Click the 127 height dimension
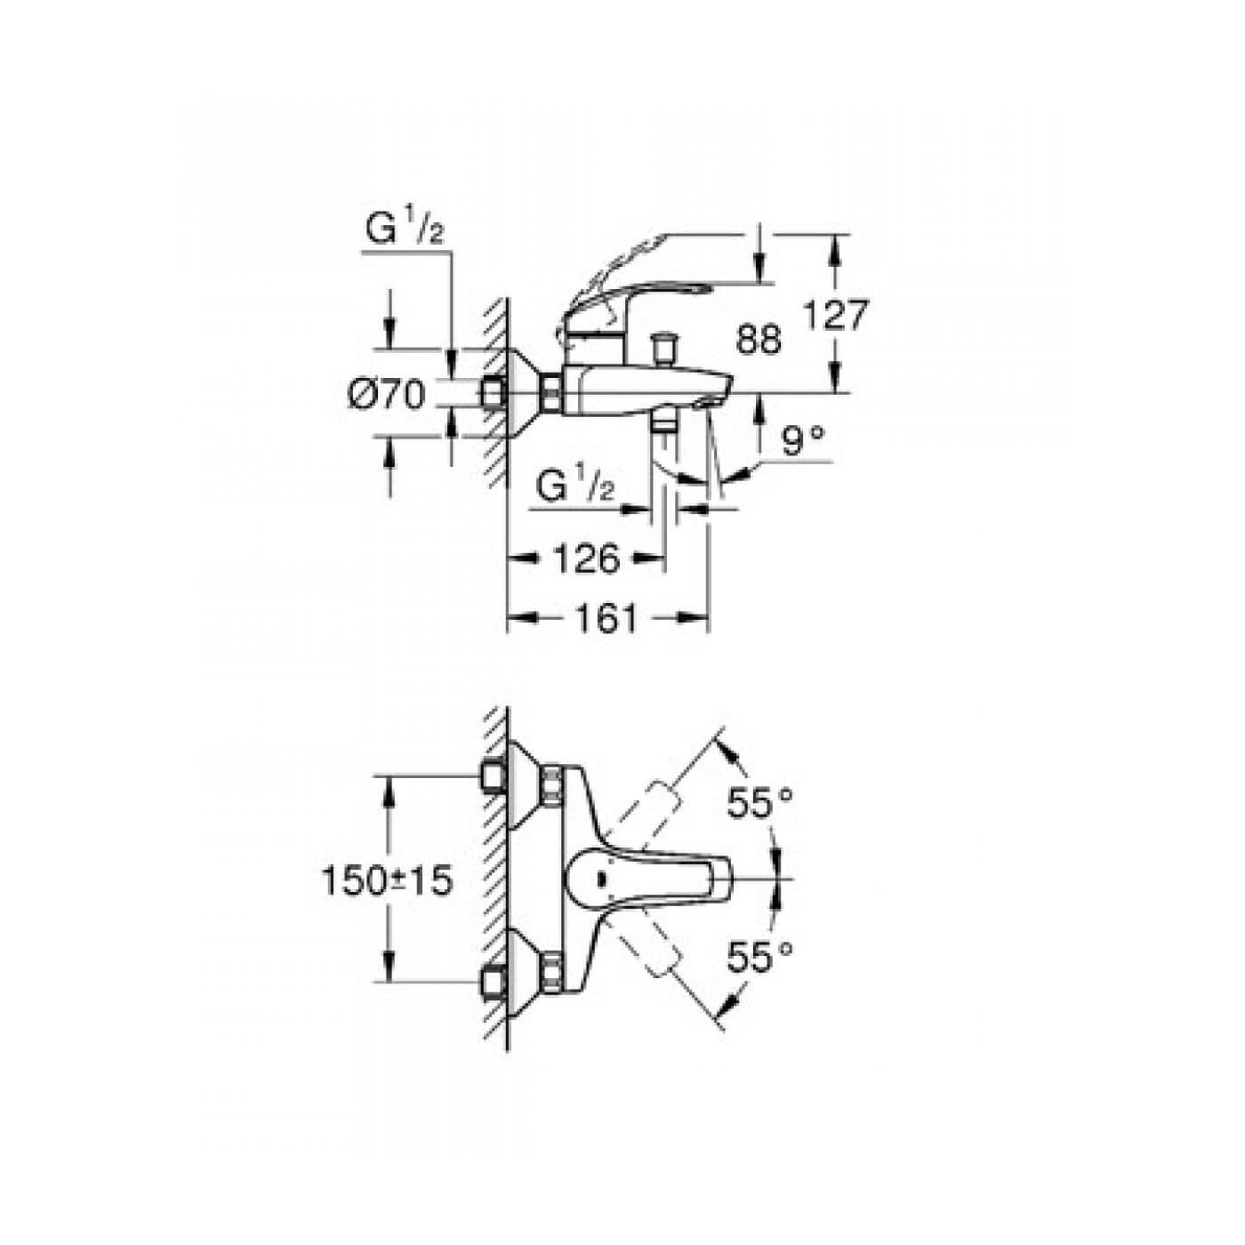[x=834, y=315]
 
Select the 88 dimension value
[x=759, y=340]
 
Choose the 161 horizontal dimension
[x=604, y=618]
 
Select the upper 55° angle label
[x=759, y=803]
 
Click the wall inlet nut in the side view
[x=493, y=393]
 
